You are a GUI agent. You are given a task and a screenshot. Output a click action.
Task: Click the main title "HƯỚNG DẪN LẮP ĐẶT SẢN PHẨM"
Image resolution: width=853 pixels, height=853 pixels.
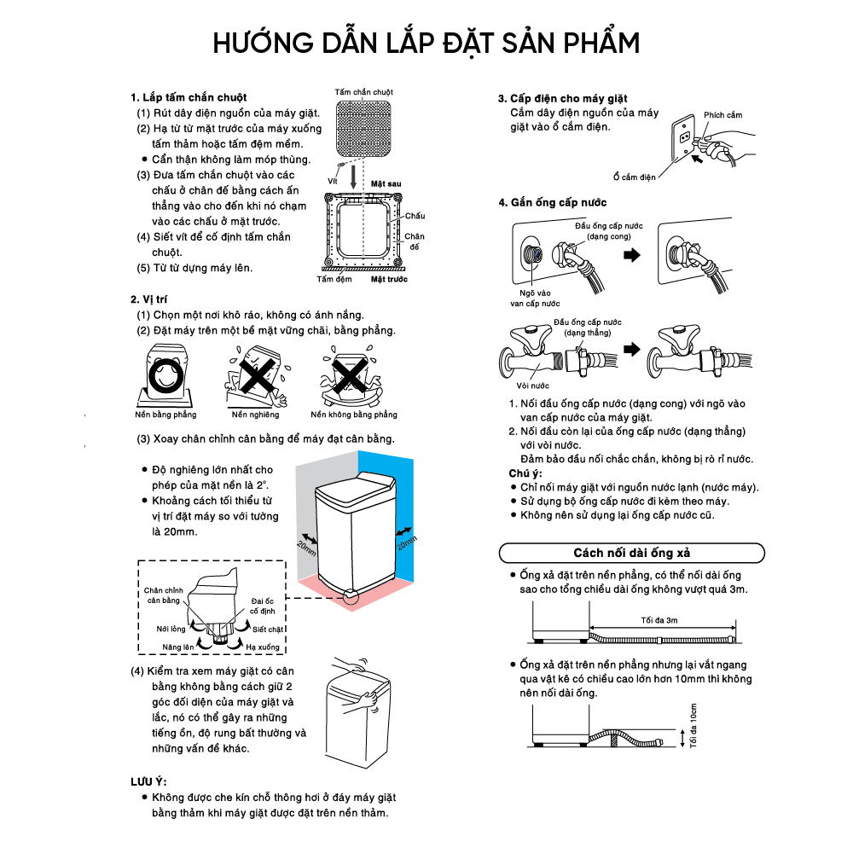tap(426, 43)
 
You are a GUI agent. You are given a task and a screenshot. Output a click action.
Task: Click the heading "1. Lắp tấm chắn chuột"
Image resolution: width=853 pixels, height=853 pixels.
tap(189, 98)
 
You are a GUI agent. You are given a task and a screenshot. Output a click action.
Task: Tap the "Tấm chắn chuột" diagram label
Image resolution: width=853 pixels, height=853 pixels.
tap(364, 91)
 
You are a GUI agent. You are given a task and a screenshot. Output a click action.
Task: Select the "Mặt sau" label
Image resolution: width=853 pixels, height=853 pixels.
tap(386, 183)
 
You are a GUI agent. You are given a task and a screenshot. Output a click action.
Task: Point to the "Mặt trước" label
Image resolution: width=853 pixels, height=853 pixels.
tap(389, 279)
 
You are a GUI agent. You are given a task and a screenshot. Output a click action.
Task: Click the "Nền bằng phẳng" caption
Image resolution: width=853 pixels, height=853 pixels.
tap(165, 415)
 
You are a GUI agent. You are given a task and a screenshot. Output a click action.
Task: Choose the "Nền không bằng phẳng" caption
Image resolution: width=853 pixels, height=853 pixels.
tap(354, 415)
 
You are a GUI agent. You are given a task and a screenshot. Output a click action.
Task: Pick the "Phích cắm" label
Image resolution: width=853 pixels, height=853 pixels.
tap(723, 115)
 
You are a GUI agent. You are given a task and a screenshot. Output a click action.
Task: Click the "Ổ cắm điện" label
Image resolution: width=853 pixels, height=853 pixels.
tap(635, 177)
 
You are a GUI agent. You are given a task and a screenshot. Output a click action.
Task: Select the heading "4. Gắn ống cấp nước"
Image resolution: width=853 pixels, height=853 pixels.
tap(553, 202)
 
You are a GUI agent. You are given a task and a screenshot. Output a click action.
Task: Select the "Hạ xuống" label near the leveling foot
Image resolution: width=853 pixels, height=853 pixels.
tap(262, 647)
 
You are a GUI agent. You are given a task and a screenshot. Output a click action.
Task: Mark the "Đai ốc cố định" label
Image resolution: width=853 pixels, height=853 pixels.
tap(263, 606)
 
